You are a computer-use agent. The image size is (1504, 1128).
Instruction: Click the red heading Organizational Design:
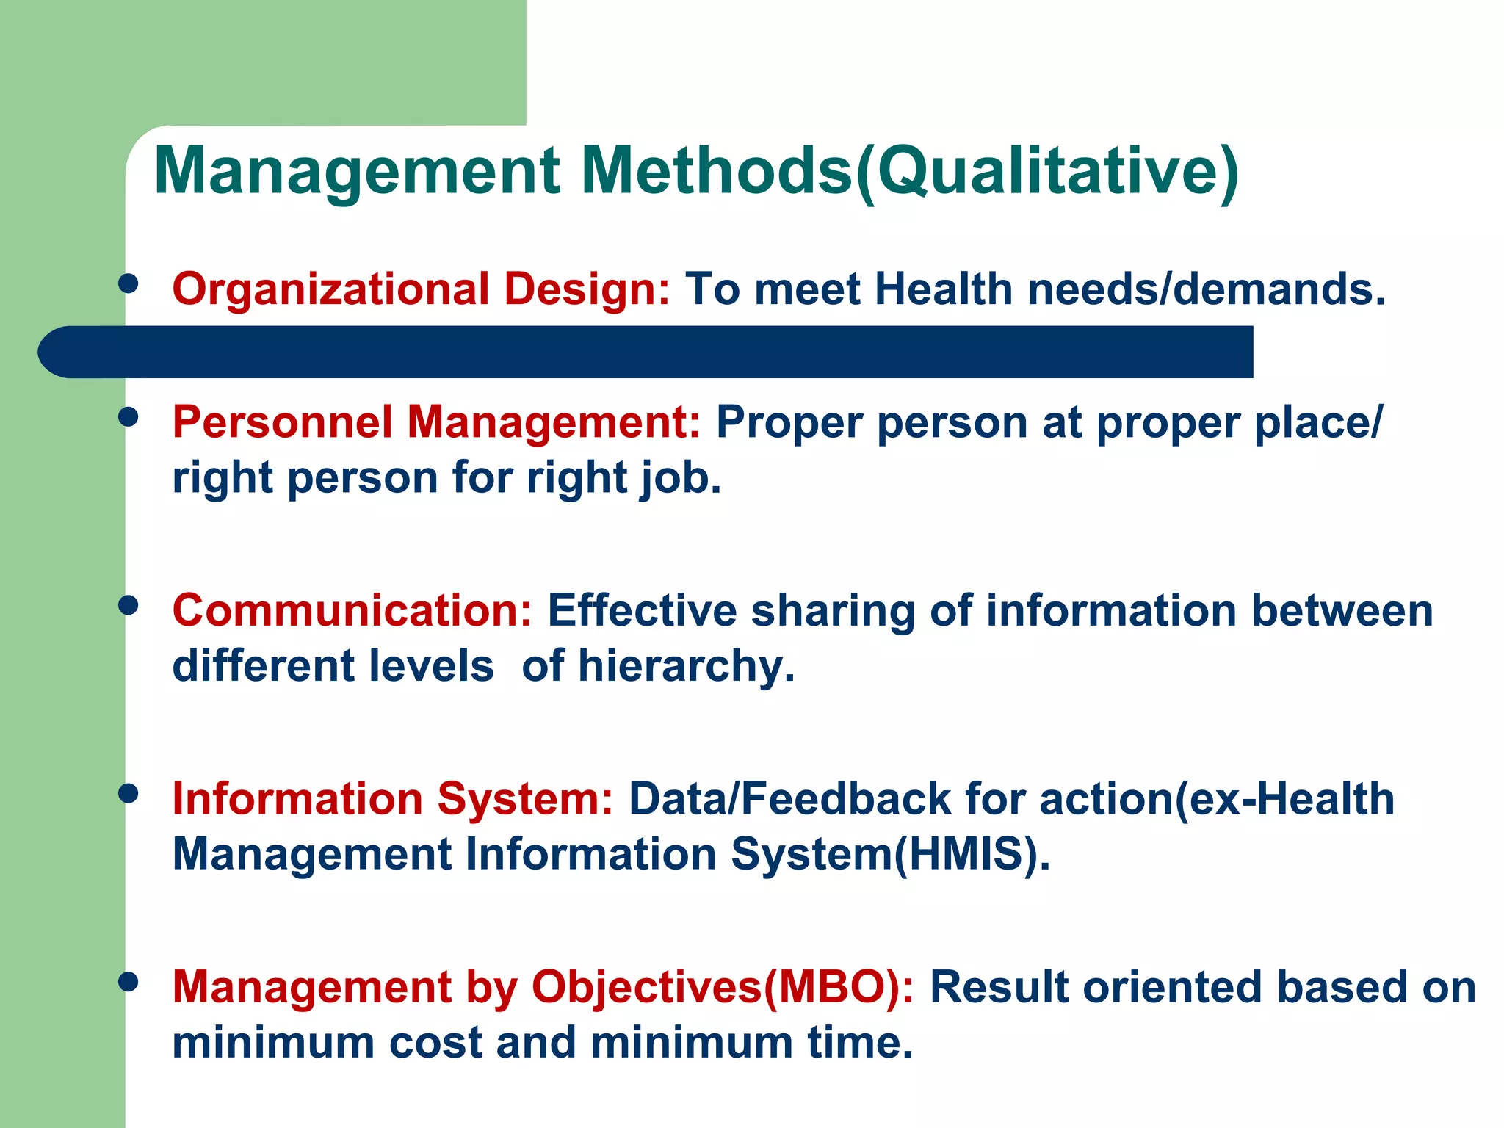pyautogui.click(x=421, y=289)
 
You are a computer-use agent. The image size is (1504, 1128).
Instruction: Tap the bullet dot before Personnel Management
pyautogui.click(x=129, y=417)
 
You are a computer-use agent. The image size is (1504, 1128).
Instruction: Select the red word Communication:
pyautogui.click(x=352, y=611)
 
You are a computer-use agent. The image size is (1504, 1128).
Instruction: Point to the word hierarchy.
pyautogui.click(x=686, y=667)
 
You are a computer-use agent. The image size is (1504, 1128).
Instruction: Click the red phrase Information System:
pyautogui.click(x=392, y=799)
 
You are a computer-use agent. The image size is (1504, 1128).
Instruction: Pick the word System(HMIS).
pyautogui.click(x=890, y=855)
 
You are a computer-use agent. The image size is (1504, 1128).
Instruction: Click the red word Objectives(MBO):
pyautogui.click(x=723, y=987)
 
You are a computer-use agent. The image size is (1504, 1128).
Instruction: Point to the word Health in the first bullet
pyautogui.click(x=944, y=289)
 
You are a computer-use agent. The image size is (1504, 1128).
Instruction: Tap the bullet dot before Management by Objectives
pyautogui.click(x=129, y=982)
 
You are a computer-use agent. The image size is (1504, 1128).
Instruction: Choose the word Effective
pyautogui.click(x=642, y=611)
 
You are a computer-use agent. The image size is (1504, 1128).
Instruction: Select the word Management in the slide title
pyautogui.click(x=357, y=172)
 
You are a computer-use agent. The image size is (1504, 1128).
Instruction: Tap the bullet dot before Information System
pyautogui.click(x=129, y=794)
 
